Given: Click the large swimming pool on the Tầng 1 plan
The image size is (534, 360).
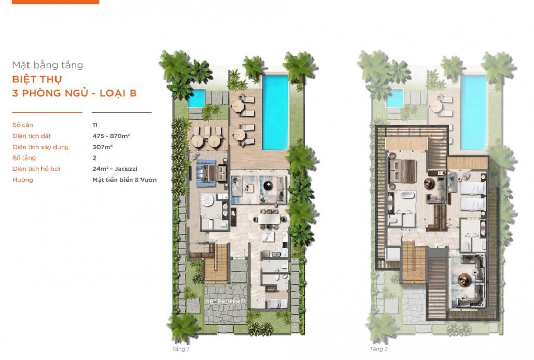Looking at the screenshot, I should (275, 111).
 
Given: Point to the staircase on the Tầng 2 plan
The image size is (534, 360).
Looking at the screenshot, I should (413, 265).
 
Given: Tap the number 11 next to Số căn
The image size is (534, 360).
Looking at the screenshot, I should (95, 125).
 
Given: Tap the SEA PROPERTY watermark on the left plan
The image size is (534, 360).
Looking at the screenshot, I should (227, 300).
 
